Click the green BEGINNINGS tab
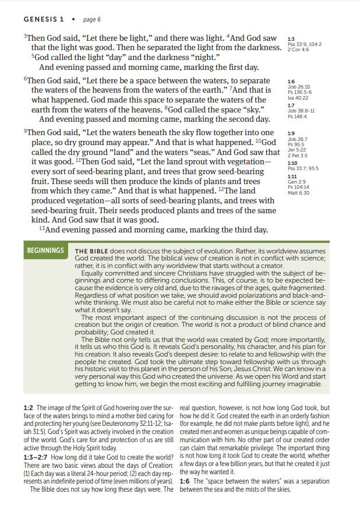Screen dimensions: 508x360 tap(45, 251)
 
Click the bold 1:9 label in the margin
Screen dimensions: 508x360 tap(291, 133)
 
